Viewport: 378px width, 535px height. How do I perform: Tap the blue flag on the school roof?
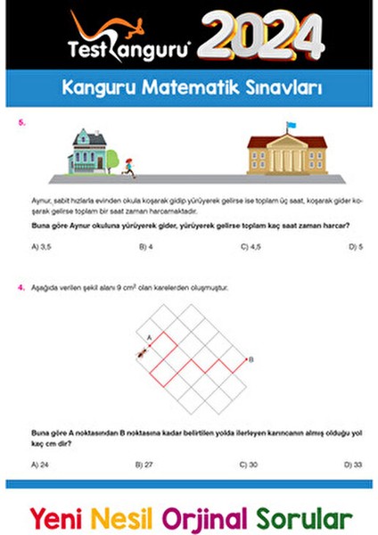point(291,126)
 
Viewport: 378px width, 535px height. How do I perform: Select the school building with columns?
point(287,154)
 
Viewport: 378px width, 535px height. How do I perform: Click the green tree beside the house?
point(112,160)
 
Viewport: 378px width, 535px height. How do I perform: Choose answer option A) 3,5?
point(40,246)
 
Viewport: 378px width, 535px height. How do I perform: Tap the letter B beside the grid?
point(251,359)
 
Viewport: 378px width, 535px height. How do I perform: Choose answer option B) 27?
point(144,464)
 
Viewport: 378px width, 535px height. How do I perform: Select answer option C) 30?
point(250,464)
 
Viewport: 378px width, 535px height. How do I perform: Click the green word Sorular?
point(304,517)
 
